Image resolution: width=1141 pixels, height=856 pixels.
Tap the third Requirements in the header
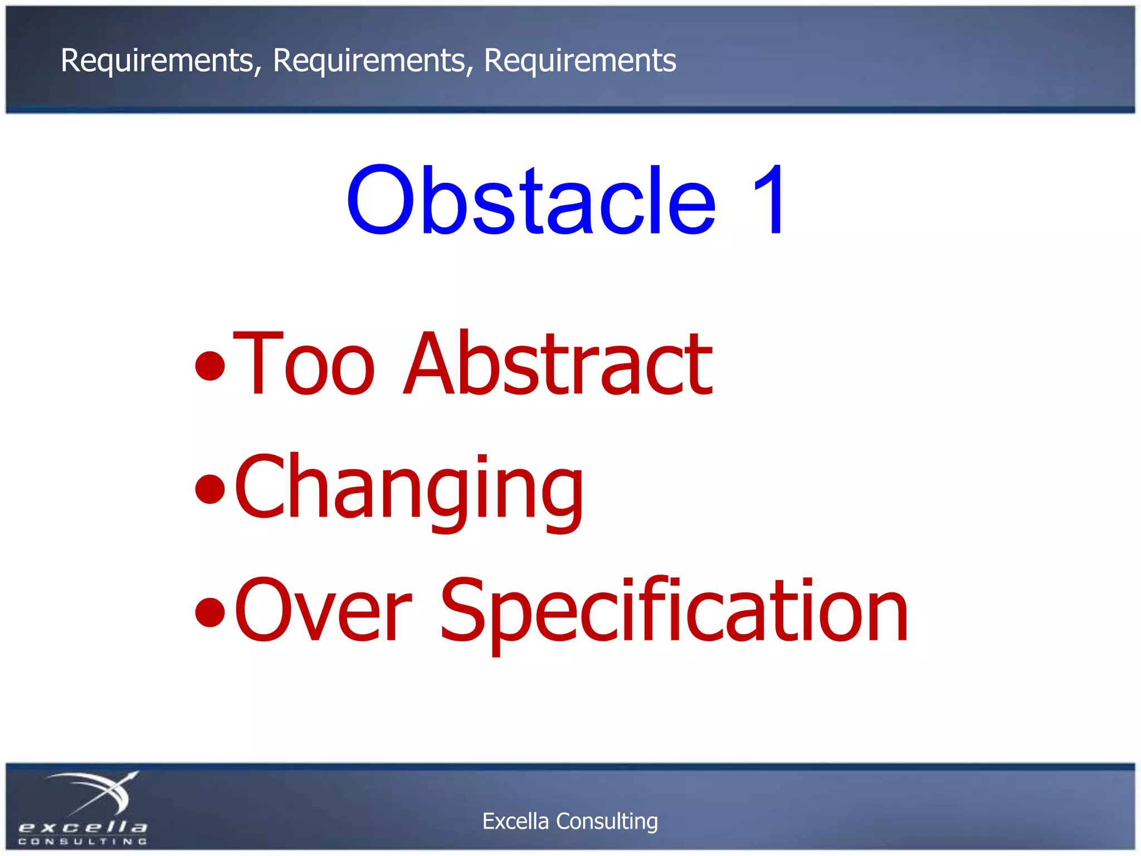coord(580,60)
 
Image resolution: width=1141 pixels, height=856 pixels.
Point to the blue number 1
coord(769,201)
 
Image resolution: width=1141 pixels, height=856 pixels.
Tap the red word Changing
coord(409,488)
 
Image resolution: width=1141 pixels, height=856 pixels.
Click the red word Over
coord(323,610)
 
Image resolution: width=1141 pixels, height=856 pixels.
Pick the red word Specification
coord(674,610)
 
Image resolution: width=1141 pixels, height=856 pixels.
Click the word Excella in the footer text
coord(515,821)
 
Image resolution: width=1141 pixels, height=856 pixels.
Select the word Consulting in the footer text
coord(607,821)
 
